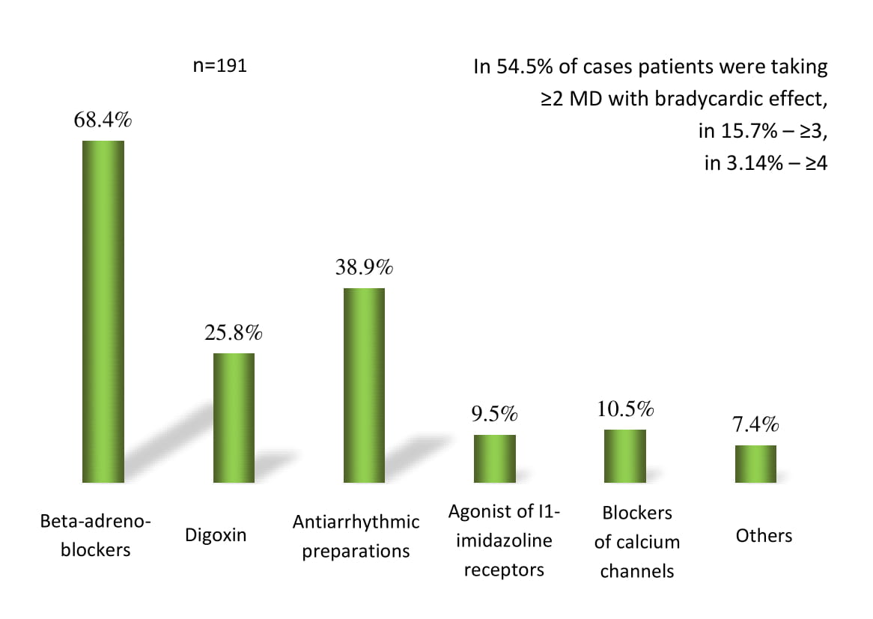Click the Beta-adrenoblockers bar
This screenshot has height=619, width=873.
tap(103, 311)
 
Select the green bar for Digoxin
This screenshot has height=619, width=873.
tap(234, 418)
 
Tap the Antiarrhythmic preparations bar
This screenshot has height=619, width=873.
tap(364, 385)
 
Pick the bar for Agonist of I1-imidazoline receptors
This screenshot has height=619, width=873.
tap(494, 458)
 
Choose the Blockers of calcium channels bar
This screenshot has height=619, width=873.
tap(625, 456)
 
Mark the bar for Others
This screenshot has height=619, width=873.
tap(755, 463)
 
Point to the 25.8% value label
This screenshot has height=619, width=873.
tap(234, 333)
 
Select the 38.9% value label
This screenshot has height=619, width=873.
tap(364, 268)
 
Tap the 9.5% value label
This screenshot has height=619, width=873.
tap(494, 414)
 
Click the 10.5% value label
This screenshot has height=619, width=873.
tap(625, 409)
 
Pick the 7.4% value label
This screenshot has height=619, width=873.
tap(755, 425)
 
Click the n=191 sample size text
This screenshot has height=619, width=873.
tap(220, 66)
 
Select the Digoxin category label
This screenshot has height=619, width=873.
tap(215, 536)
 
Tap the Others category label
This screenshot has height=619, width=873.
tap(764, 536)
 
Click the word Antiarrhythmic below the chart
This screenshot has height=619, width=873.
tap(356, 521)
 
